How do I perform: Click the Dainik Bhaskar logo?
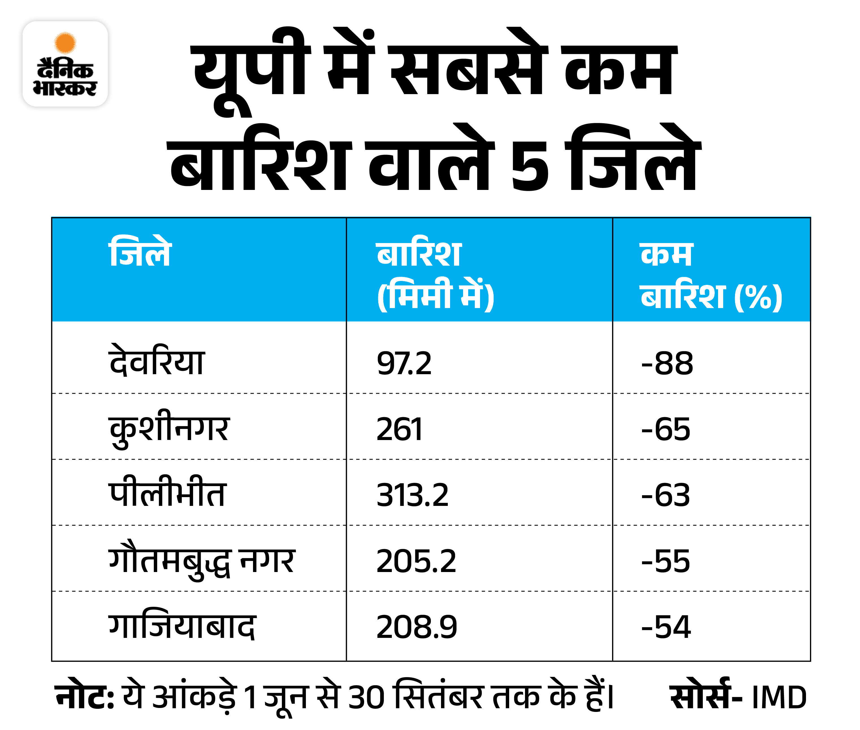(65, 64)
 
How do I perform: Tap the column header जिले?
(140, 252)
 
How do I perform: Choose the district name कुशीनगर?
(169, 428)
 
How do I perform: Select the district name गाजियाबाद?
(182, 626)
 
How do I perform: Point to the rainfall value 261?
(399, 429)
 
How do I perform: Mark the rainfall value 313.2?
(412, 495)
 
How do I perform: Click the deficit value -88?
(667, 363)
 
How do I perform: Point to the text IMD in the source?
(779, 698)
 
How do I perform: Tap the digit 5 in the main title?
(530, 166)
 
